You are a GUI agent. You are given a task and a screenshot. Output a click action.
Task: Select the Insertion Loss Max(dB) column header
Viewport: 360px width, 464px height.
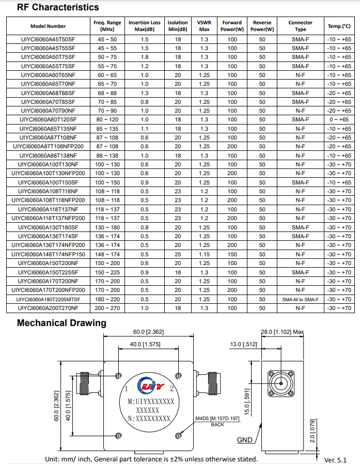[145, 26]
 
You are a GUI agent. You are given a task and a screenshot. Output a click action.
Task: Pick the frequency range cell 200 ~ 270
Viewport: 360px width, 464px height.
[107, 308]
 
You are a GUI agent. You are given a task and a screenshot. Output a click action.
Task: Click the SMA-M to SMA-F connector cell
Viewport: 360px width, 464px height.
[300, 300]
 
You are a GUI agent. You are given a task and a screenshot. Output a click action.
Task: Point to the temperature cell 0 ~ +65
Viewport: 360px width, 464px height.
[339, 120]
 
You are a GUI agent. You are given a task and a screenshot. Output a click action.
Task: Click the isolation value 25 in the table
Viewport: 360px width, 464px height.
[178, 255]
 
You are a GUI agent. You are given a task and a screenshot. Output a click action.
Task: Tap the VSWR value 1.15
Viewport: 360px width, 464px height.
[204, 255]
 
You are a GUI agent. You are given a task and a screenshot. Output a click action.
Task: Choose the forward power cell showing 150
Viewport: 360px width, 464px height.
[232, 255]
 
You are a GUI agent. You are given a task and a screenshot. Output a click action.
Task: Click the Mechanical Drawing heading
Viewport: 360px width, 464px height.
[61, 323]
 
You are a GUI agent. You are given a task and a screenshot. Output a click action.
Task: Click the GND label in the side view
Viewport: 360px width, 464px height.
[244, 440]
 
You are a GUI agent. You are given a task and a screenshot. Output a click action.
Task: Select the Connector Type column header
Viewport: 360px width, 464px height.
[300, 26]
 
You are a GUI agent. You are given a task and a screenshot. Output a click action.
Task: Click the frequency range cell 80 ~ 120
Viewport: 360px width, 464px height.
[107, 120]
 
